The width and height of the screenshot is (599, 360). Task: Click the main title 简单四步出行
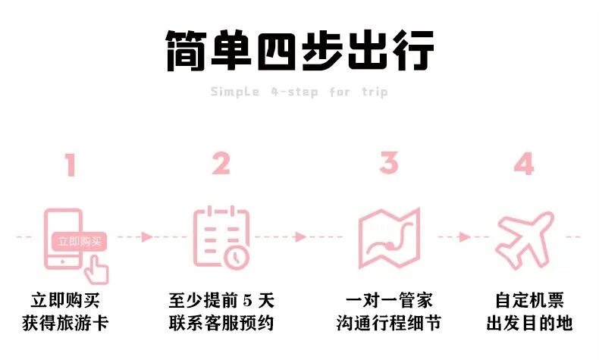tap(299, 51)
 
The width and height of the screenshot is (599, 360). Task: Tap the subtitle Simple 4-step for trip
tap(299, 92)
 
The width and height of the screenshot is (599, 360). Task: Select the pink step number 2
tap(221, 164)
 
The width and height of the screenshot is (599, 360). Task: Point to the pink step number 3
tap(388, 164)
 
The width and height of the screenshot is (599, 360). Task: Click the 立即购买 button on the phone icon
tap(79, 242)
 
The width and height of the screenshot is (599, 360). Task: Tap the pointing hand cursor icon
tap(96, 267)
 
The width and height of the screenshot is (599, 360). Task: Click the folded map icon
tap(388, 236)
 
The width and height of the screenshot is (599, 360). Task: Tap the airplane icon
tap(524, 236)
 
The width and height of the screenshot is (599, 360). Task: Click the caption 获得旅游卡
tap(70, 324)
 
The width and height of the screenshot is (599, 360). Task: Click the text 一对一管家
tap(388, 299)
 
